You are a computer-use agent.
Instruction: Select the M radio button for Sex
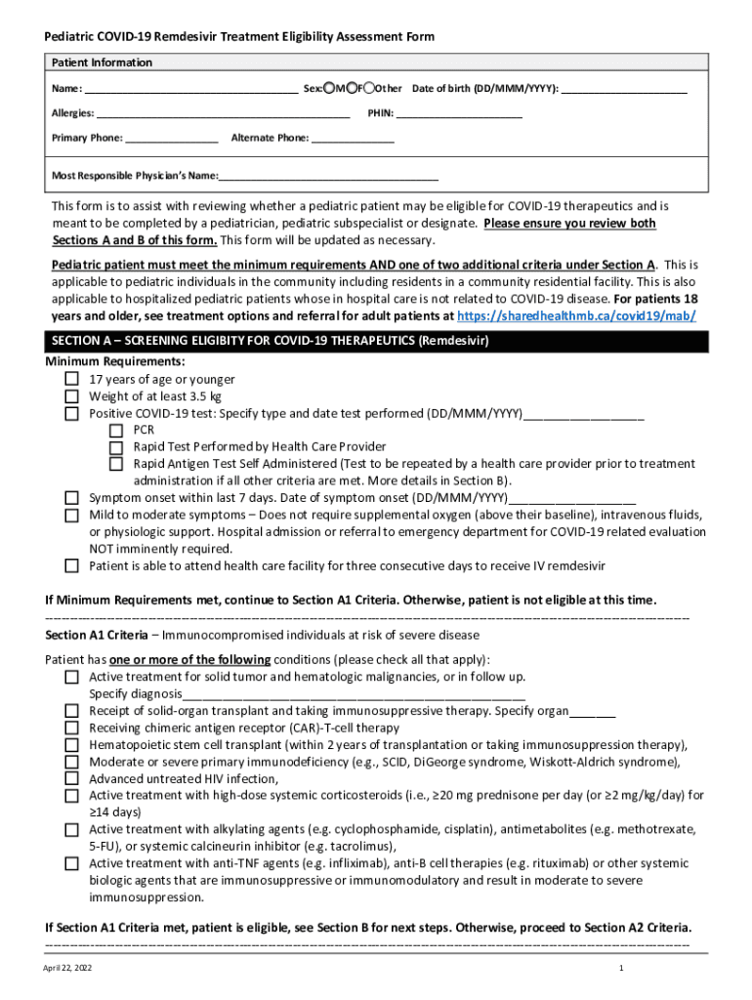pos(330,89)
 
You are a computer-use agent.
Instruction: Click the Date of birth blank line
pos(624,90)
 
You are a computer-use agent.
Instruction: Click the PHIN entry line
pos(459,114)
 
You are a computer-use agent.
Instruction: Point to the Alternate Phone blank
pos(353,139)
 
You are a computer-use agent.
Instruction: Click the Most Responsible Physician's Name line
pos(328,177)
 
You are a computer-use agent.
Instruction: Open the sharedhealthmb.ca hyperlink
pos(577,316)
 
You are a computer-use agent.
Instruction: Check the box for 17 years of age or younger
pos(72,379)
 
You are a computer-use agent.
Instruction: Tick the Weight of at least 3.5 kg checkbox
pos(72,396)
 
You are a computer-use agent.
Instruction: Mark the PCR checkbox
pos(116,430)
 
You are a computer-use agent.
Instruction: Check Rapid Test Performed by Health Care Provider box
pos(116,447)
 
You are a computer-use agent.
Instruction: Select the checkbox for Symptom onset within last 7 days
pos(72,497)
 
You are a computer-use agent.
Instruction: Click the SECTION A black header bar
pos(376,341)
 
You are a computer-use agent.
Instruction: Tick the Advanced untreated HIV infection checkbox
pos(72,778)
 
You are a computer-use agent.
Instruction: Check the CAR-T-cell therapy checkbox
pos(72,728)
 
